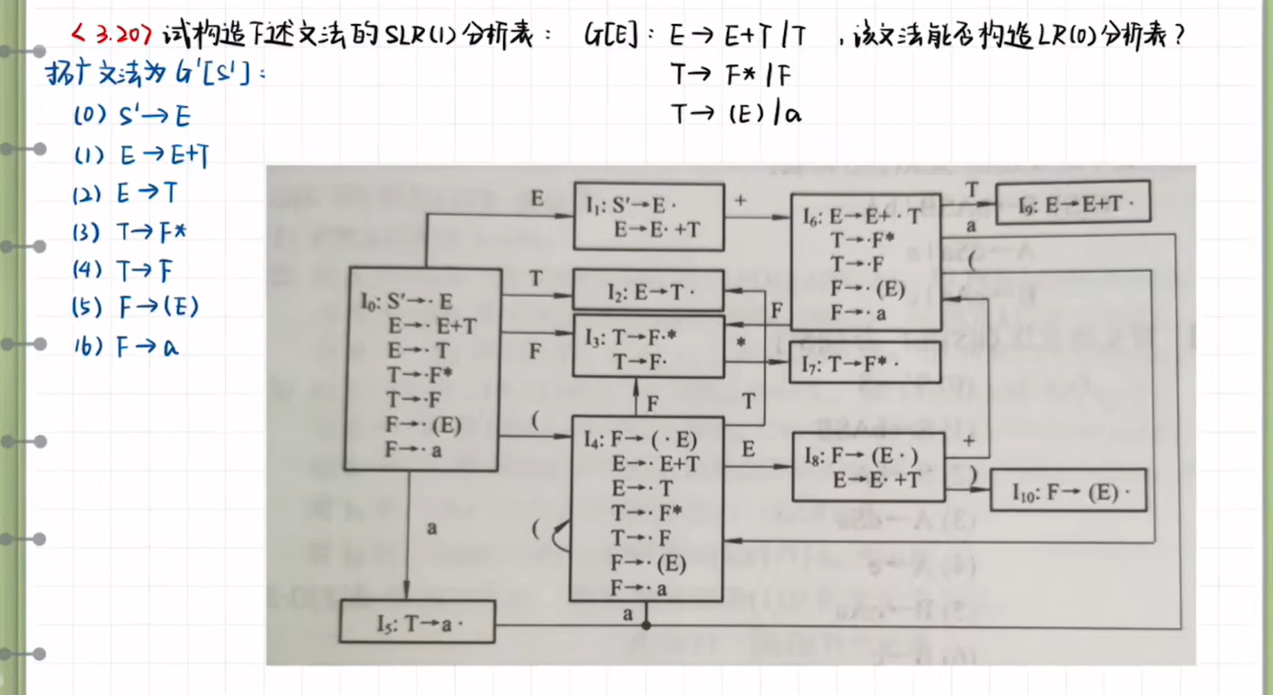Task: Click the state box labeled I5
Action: point(417,622)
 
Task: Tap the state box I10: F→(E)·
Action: point(1068,490)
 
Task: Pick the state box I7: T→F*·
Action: point(864,363)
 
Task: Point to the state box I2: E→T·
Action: point(648,291)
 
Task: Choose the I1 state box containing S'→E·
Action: point(649,217)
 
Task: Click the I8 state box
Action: point(868,467)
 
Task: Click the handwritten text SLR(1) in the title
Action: point(421,35)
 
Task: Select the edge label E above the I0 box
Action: point(537,198)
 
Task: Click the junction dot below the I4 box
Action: point(645,625)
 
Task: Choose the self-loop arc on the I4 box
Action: point(559,535)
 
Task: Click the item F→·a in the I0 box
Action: point(413,450)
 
